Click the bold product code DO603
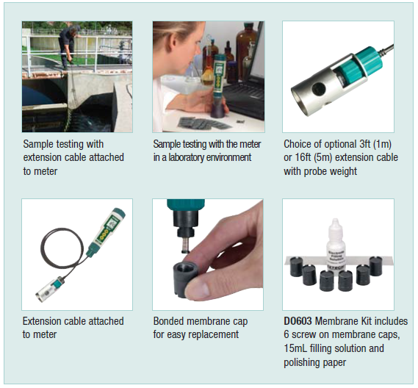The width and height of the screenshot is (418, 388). [298, 321]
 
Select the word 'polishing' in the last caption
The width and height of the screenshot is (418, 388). [305, 362]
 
